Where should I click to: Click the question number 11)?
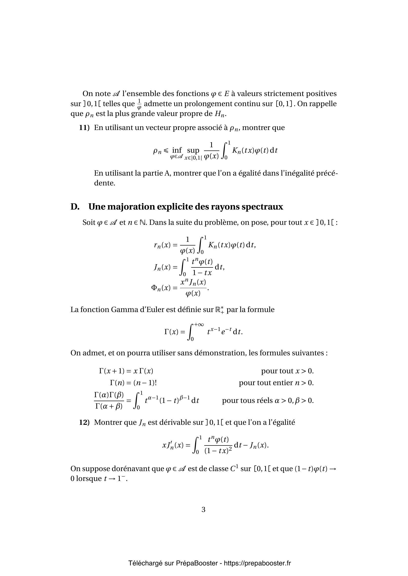pos(84,128)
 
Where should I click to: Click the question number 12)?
pos(84,422)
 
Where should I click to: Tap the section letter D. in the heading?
pos(75,207)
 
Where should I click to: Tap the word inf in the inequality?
pos(177,150)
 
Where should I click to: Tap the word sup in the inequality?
pos(193,150)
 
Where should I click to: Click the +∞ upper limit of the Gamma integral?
pos(199,325)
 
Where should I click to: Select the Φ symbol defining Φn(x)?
pos(154,287)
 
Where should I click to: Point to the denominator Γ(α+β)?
pos(109,406)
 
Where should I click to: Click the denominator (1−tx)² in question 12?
pos(218,451)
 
